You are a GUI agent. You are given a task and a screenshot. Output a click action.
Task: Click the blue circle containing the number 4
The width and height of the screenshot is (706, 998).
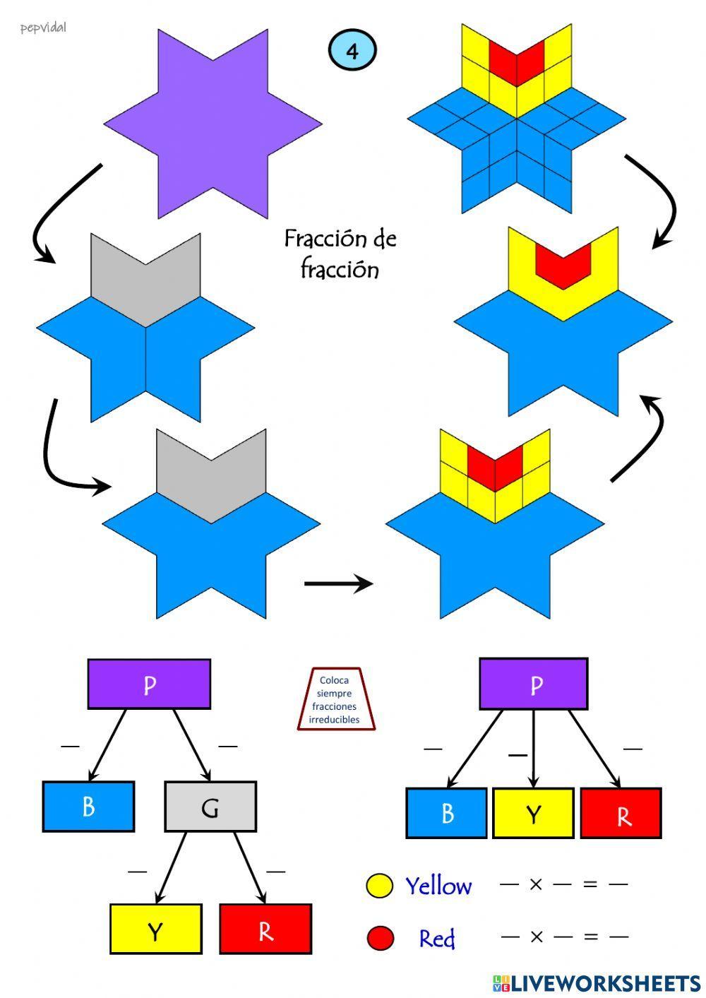click(x=352, y=50)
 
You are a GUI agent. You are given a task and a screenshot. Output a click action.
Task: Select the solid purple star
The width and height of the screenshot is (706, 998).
click(x=213, y=124)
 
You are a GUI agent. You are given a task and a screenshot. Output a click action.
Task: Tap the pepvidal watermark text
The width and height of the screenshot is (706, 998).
click(x=43, y=28)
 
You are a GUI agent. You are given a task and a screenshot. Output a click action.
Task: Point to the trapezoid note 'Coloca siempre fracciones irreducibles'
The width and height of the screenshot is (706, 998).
click(x=335, y=699)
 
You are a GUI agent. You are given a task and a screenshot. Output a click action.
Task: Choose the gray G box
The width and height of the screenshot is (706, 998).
click(x=210, y=807)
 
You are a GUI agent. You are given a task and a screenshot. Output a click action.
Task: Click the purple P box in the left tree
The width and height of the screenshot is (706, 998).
click(x=149, y=684)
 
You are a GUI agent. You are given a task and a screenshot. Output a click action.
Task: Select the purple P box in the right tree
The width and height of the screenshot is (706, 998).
click(x=533, y=684)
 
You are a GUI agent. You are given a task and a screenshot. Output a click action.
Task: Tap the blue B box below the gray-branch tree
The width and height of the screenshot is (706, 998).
click(x=88, y=806)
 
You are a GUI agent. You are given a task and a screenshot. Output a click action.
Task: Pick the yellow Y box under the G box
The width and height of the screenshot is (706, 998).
click(x=156, y=929)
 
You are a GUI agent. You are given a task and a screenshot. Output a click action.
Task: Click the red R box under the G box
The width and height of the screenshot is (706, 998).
click(x=265, y=929)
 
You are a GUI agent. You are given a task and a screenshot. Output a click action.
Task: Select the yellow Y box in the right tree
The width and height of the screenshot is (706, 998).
click(x=533, y=814)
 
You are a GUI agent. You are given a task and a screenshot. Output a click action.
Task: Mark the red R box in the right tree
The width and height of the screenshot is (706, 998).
click(x=621, y=814)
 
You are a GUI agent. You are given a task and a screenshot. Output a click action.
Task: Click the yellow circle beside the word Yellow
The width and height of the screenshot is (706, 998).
click(x=379, y=886)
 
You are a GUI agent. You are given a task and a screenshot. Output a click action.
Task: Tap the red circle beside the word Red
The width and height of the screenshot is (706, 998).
click(x=381, y=938)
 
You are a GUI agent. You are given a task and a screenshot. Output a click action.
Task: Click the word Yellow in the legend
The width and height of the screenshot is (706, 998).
click(x=438, y=886)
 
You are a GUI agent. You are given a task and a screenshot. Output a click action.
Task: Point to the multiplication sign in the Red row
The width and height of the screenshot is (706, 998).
click(x=536, y=937)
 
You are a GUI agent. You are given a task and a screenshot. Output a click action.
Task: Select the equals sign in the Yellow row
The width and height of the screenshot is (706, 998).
click(x=590, y=884)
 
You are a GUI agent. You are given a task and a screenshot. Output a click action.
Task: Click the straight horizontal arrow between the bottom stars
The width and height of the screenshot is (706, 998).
click(x=338, y=583)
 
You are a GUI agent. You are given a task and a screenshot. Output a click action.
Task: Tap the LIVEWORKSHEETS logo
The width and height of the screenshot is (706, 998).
click(x=597, y=982)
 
